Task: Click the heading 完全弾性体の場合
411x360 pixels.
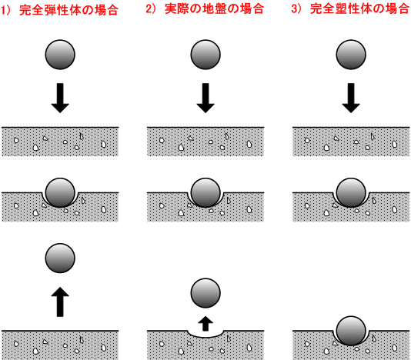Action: coord(68,10)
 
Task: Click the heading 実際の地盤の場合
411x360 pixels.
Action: coord(214,9)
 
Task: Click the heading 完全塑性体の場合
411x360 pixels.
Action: coord(359,9)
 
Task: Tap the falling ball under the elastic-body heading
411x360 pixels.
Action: coord(60,55)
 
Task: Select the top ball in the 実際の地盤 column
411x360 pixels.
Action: coord(205,55)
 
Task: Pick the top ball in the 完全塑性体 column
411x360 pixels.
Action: coord(351,55)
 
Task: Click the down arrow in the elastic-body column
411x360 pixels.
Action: coord(60,98)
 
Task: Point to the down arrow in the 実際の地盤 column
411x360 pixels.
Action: coord(205,98)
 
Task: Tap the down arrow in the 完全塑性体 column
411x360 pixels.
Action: coord(351,98)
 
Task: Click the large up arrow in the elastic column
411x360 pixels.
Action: coord(60,302)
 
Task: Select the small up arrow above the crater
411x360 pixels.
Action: coord(205,324)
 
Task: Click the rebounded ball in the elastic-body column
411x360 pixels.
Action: coord(60,258)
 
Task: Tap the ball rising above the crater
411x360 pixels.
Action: coord(205,293)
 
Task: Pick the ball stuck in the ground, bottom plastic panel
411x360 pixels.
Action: coord(351,331)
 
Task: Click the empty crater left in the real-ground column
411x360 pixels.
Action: coord(205,334)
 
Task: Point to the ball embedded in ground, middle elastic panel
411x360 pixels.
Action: coord(60,193)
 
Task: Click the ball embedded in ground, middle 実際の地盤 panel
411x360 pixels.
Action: coord(205,193)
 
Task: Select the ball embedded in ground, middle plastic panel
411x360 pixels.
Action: coord(351,193)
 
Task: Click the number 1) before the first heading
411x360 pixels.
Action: coord(5,11)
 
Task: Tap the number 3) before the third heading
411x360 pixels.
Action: coord(296,9)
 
